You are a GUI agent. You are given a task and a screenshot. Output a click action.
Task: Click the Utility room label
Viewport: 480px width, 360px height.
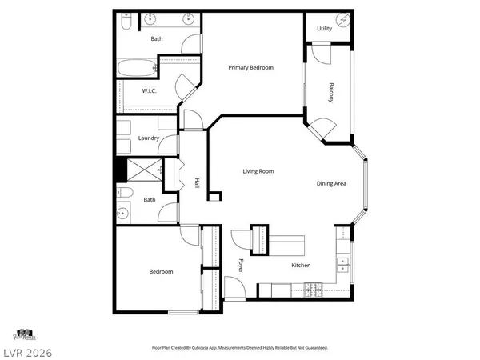tap(324, 28)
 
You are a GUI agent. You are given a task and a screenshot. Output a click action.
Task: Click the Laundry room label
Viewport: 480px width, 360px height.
tap(148, 138)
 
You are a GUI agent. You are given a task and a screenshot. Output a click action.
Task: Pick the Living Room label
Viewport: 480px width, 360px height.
tap(258, 171)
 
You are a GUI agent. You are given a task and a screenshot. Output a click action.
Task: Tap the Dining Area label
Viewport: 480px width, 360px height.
tap(330, 184)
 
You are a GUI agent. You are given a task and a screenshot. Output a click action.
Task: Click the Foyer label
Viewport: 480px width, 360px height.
tap(240, 265)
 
